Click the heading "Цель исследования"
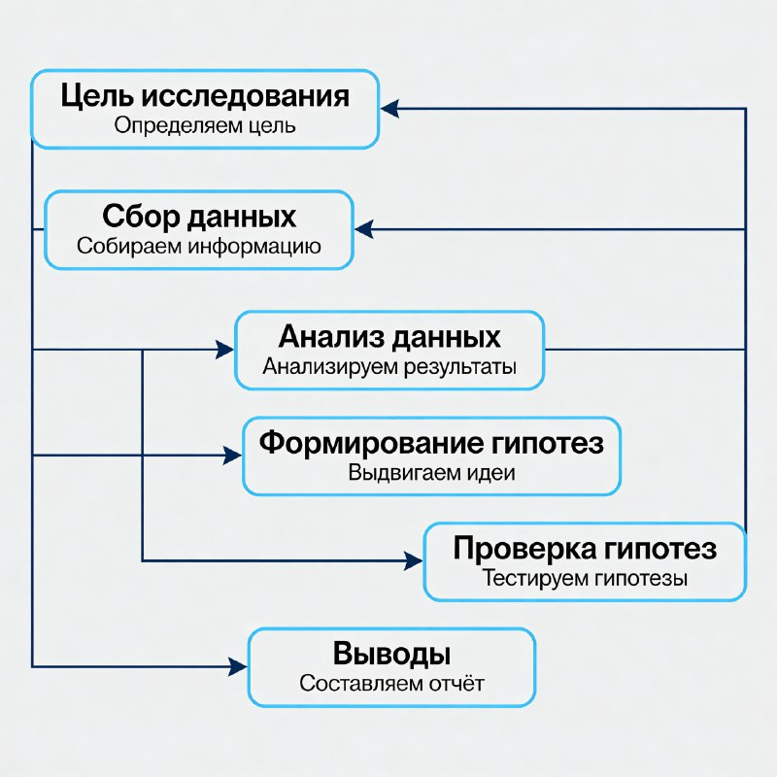pos(204,96)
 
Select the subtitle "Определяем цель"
pos(204,125)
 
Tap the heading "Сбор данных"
pos(199,216)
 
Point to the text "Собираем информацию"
pos(199,246)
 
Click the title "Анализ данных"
pos(389,337)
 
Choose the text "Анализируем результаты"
pos(389,367)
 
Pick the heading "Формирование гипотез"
pos(431,444)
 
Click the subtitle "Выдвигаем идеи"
pos(431,474)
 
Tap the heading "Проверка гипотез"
pos(585,549)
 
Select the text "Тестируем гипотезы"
pos(585,579)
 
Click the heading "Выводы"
pos(391,653)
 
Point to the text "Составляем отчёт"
pos(391,683)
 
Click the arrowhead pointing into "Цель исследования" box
pos(388,110)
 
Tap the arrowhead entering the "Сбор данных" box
pos(363,230)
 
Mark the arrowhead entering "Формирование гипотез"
pos(232,455)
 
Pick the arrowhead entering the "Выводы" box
pos(238,666)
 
